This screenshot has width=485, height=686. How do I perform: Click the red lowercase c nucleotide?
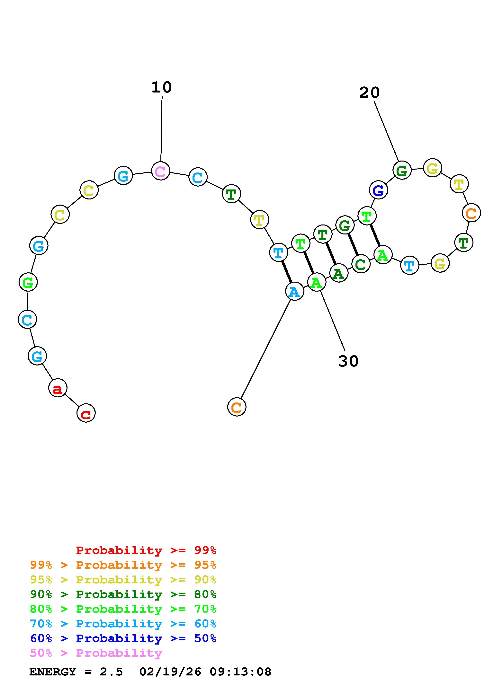(86, 413)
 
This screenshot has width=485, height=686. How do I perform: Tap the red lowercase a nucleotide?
(58, 388)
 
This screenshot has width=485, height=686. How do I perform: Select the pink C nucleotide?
(160, 171)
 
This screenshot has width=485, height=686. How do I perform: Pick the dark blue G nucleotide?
(378, 190)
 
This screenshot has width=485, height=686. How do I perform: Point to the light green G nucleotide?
(28, 282)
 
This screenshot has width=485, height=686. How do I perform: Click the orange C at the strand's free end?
(237, 407)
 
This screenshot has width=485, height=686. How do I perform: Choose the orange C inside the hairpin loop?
(471, 213)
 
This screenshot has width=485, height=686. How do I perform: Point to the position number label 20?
(369, 93)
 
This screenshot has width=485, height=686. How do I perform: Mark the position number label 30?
(348, 361)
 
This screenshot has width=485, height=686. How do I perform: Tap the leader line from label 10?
(161, 128)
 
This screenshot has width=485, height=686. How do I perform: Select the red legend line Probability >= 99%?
(146, 550)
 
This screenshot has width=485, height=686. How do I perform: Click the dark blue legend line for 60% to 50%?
(123, 638)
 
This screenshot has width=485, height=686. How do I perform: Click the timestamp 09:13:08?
(241, 672)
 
